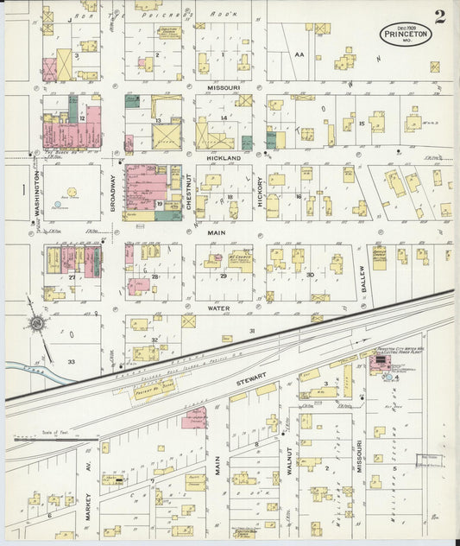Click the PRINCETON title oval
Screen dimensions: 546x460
pos(403,37)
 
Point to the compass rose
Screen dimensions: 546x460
pos(36,323)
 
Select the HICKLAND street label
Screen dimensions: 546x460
pos(223,159)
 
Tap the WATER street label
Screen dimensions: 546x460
pos(217,307)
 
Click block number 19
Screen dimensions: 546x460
pos(161,204)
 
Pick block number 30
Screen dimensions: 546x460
pos(308,275)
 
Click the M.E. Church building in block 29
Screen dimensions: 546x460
pos(238,261)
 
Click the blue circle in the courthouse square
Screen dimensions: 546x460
pos(58,208)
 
